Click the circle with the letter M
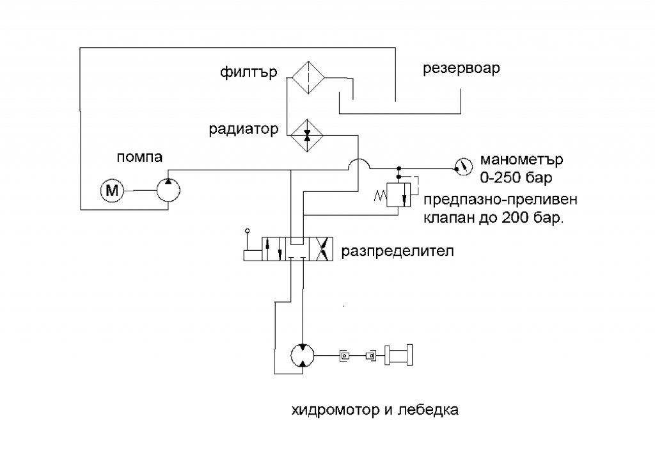tap(113, 189)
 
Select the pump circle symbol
tap(169, 190)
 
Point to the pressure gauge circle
tap(460, 167)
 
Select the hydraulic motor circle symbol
tap(301, 355)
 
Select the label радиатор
tap(243, 129)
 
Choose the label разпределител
tap(397, 250)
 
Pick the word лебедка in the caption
tap(431, 410)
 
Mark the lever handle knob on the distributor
tap(247, 230)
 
